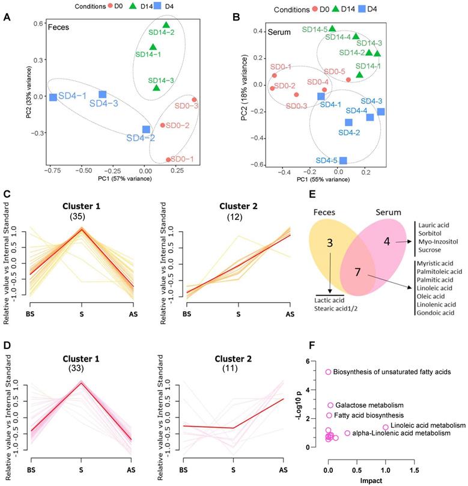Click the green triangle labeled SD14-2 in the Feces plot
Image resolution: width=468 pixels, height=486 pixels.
click(166, 25)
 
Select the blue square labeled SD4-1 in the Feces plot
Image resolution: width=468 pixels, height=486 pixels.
click(53, 97)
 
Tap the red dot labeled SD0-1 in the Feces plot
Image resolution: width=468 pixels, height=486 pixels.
click(168, 160)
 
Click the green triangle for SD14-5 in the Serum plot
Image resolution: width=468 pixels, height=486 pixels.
click(332, 28)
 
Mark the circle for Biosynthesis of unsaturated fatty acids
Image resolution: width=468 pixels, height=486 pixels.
click(328, 372)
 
